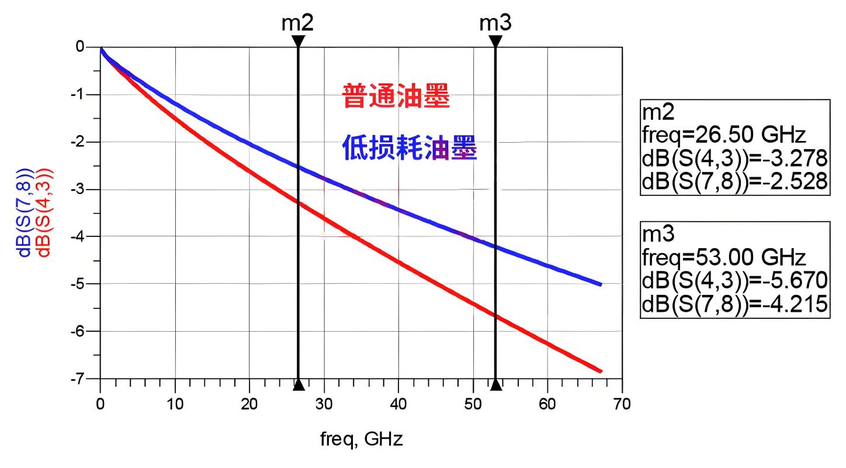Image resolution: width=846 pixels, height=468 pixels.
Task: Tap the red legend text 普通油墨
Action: point(396,97)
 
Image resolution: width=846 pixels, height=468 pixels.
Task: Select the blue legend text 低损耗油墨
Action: point(409,149)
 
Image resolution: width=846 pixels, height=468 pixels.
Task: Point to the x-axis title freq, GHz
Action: point(361,439)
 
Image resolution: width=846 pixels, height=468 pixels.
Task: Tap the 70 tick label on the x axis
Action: point(622,404)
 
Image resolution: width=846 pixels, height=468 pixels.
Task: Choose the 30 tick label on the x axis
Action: point(324,404)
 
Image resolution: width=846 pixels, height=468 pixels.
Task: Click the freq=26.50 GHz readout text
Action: point(723,136)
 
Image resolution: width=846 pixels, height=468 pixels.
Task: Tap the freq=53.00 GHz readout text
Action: point(723,257)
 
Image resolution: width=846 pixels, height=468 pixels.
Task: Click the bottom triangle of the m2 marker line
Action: point(299,384)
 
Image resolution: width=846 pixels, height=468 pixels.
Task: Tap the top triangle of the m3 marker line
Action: point(495,41)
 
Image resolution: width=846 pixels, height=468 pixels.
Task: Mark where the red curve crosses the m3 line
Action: point(495,315)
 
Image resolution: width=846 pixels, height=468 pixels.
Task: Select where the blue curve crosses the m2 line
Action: point(299,167)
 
